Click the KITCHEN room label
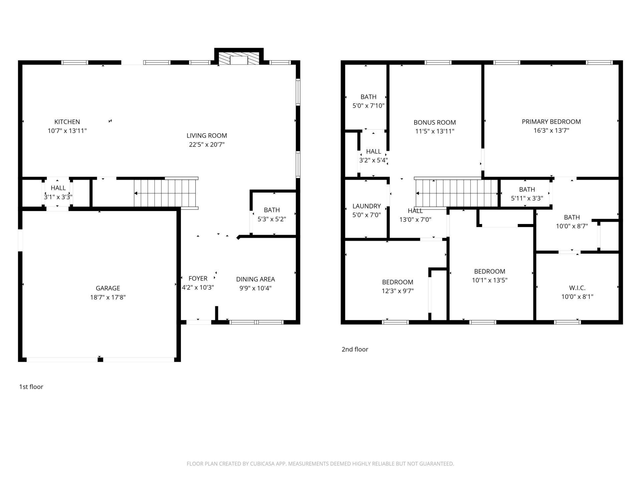point(67,122)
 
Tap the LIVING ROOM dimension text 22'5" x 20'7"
point(207,145)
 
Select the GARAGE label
point(108,288)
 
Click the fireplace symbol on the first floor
point(239,59)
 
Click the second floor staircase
point(456,193)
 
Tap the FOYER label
point(198,279)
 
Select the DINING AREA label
point(255,279)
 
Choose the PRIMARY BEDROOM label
point(551,122)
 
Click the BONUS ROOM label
point(434,123)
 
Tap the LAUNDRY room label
point(367,206)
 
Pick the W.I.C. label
point(577,288)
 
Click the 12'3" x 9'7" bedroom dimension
point(398,291)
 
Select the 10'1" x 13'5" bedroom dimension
point(489,280)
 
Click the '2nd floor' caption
point(355,349)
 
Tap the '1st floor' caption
point(31,387)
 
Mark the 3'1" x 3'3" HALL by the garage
point(58,193)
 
